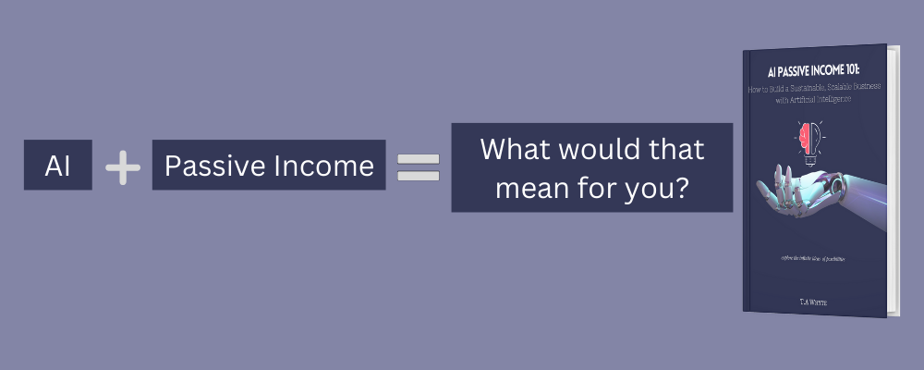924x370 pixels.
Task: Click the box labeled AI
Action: pos(57,166)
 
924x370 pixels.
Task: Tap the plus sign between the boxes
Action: pos(122,166)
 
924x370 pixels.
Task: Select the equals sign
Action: pos(418,166)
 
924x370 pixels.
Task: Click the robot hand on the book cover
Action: pos(813,190)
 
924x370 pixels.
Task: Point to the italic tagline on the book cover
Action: pos(809,252)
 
